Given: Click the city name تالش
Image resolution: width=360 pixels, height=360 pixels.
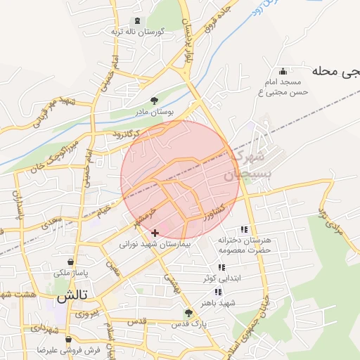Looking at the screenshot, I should [72, 297].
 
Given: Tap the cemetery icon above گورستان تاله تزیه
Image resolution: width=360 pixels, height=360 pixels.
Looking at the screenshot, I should [136, 21].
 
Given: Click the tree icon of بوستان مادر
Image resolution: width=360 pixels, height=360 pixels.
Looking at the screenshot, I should [155, 101].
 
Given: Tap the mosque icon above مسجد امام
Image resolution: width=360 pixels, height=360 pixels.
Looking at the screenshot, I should [283, 71].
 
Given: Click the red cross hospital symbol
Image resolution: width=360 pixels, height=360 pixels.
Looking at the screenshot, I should [155, 233].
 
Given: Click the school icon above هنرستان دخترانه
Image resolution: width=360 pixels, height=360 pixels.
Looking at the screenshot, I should [244, 229].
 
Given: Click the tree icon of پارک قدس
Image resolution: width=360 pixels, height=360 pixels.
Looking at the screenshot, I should [187, 312].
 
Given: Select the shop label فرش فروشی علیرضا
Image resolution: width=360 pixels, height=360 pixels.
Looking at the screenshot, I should [70, 349].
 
